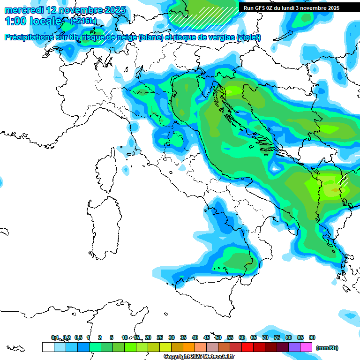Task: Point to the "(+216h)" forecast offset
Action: pyautogui.click(x=83, y=21)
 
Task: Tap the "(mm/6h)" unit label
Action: pyautogui.click(x=327, y=348)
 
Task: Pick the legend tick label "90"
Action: pyautogui.click(x=312, y=337)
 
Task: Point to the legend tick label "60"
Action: pyautogui.click(x=242, y=337)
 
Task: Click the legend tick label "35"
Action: pyautogui.click(x=183, y=337)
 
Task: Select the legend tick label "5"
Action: pyautogui.click(x=112, y=337)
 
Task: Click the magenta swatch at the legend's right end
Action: pyautogui.click(x=306, y=347)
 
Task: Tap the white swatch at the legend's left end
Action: pyautogui.click(x=48, y=347)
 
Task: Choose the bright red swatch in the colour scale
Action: pyautogui.click(x=247, y=347)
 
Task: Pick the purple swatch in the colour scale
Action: pyautogui.click(x=294, y=347)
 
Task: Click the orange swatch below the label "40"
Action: pyautogui.click(x=189, y=347)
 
